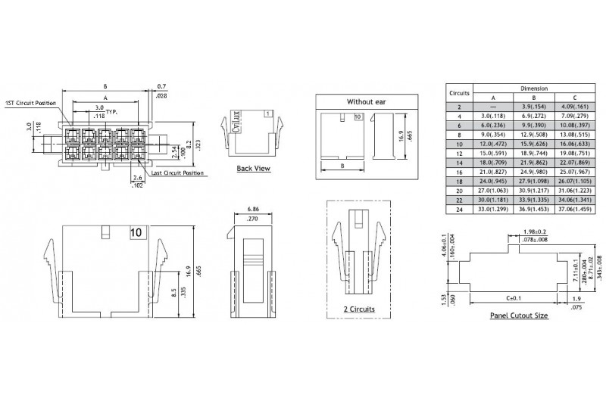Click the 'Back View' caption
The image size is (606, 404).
(x=253, y=169)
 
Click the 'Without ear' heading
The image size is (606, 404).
(x=366, y=101)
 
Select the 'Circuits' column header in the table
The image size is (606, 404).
(x=460, y=92)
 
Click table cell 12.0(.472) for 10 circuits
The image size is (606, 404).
(x=493, y=142)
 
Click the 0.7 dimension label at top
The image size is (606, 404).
(x=163, y=85)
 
